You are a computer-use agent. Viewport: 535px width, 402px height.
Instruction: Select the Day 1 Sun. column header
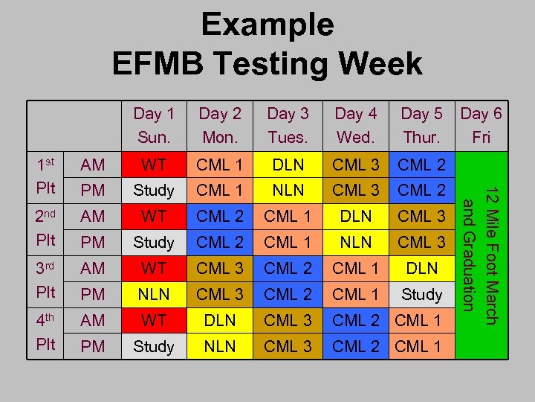coord(154,125)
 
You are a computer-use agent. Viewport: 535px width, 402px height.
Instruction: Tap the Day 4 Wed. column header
coord(355,125)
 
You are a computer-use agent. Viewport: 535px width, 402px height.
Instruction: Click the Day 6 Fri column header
coord(481,125)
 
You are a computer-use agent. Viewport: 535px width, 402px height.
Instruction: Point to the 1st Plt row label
coord(46,176)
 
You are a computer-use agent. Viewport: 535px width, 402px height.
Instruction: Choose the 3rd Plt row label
coord(46,281)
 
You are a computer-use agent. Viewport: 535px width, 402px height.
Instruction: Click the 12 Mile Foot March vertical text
coord(489,255)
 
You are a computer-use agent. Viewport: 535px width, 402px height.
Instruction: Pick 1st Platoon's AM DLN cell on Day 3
coord(288,164)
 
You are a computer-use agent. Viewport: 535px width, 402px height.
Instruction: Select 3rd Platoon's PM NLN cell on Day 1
coord(154,294)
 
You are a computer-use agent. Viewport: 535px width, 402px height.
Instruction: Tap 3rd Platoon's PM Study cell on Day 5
coord(421,294)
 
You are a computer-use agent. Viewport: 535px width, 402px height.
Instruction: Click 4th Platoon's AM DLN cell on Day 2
coord(220,320)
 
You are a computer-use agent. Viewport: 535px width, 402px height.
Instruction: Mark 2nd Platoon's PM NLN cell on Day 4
coord(355,242)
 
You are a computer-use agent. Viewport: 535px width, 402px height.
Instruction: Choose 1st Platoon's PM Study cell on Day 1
coord(154,190)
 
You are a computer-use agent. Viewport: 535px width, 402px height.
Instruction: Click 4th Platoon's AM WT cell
coord(154,320)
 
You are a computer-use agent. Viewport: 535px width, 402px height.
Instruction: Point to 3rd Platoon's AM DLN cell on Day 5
coord(421,268)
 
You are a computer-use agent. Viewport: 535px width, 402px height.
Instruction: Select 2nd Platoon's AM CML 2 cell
coord(220,216)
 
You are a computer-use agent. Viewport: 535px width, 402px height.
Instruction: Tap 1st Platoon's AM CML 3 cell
coord(355,164)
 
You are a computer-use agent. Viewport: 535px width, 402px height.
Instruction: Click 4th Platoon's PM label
coord(93,346)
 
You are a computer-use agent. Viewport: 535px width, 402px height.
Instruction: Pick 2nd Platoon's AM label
coord(93,216)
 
